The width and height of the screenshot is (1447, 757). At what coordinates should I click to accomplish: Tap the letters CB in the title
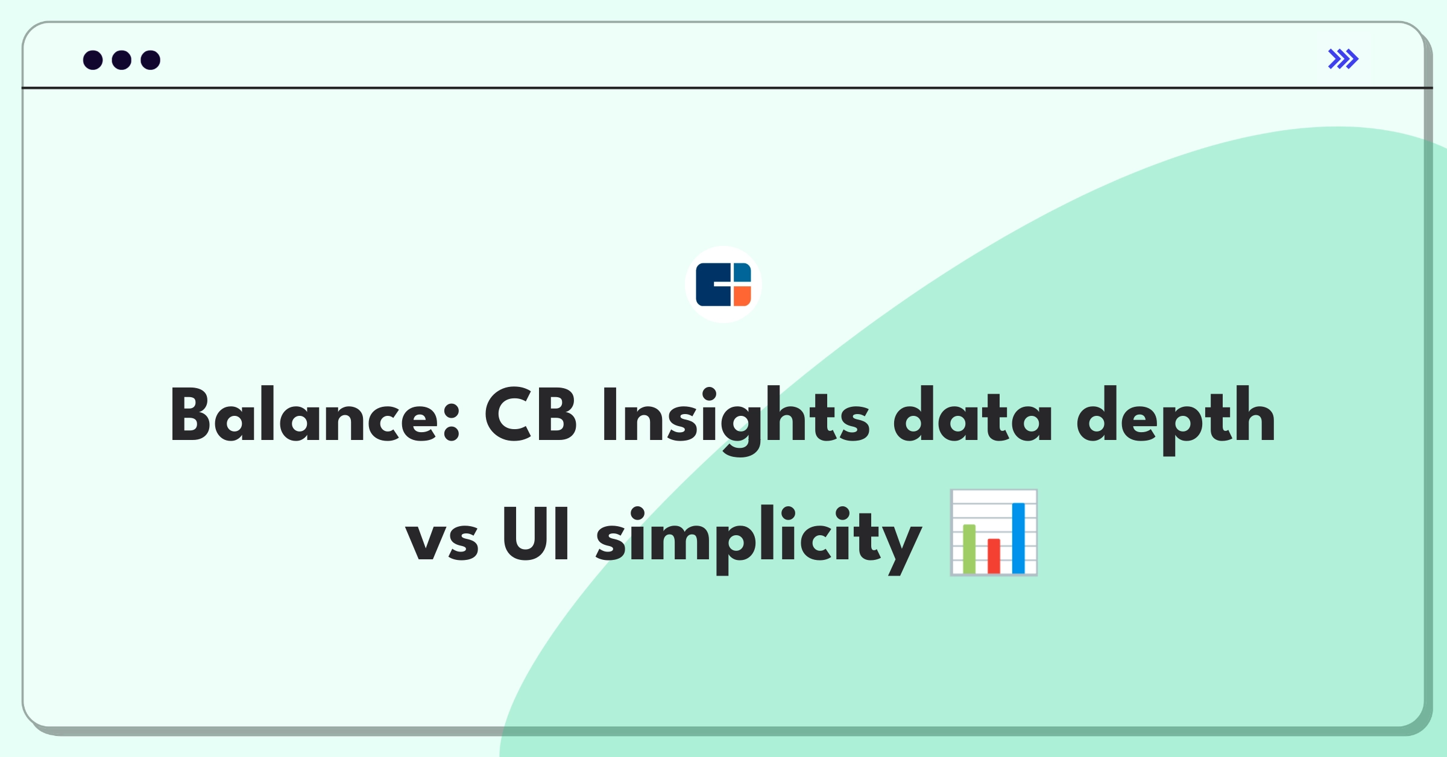click(531, 415)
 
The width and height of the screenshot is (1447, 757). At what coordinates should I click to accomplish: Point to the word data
click(973, 415)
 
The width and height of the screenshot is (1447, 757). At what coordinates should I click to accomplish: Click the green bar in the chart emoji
click(969, 548)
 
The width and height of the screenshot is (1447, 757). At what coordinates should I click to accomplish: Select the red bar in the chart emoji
click(994, 556)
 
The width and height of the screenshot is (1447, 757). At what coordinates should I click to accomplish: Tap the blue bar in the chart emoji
click(1018, 538)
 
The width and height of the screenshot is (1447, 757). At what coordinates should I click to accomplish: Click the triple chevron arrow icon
click(1343, 59)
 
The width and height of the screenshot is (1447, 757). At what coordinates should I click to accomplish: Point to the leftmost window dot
click(93, 60)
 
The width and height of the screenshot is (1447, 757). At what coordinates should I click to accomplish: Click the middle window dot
click(122, 60)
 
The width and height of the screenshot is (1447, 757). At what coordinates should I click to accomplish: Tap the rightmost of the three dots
click(151, 60)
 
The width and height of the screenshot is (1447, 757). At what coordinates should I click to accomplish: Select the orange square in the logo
click(742, 296)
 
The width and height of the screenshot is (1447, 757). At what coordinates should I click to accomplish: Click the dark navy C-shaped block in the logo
click(713, 284)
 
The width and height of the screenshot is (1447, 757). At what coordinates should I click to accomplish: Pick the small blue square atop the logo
click(742, 272)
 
